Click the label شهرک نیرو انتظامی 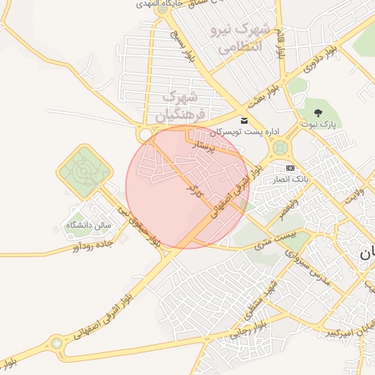click(240, 39)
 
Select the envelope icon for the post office click(244, 121)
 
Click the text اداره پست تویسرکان click(245, 133)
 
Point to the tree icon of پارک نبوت click(318, 112)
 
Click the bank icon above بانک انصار click(290, 167)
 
